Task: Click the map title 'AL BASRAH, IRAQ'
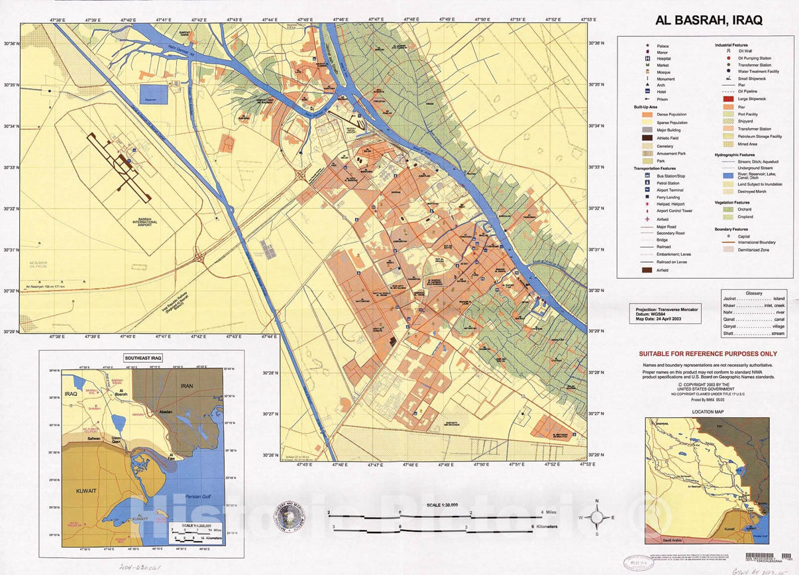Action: click(x=708, y=20)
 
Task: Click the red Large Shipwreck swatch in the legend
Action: click(x=726, y=99)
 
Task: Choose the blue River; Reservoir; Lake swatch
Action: click(x=726, y=177)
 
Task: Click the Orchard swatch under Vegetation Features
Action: click(x=726, y=209)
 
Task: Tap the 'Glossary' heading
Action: click(x=753, y=292)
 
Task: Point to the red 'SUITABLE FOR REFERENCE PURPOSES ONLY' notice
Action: click(x=708, y=354)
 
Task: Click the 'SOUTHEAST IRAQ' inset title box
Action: click(x=144, y=357)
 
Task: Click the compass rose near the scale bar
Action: click(x=597, y=517)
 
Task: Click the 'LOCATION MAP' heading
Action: click(x=706, y=412)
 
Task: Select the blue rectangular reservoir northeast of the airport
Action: click(x=154, y=94)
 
